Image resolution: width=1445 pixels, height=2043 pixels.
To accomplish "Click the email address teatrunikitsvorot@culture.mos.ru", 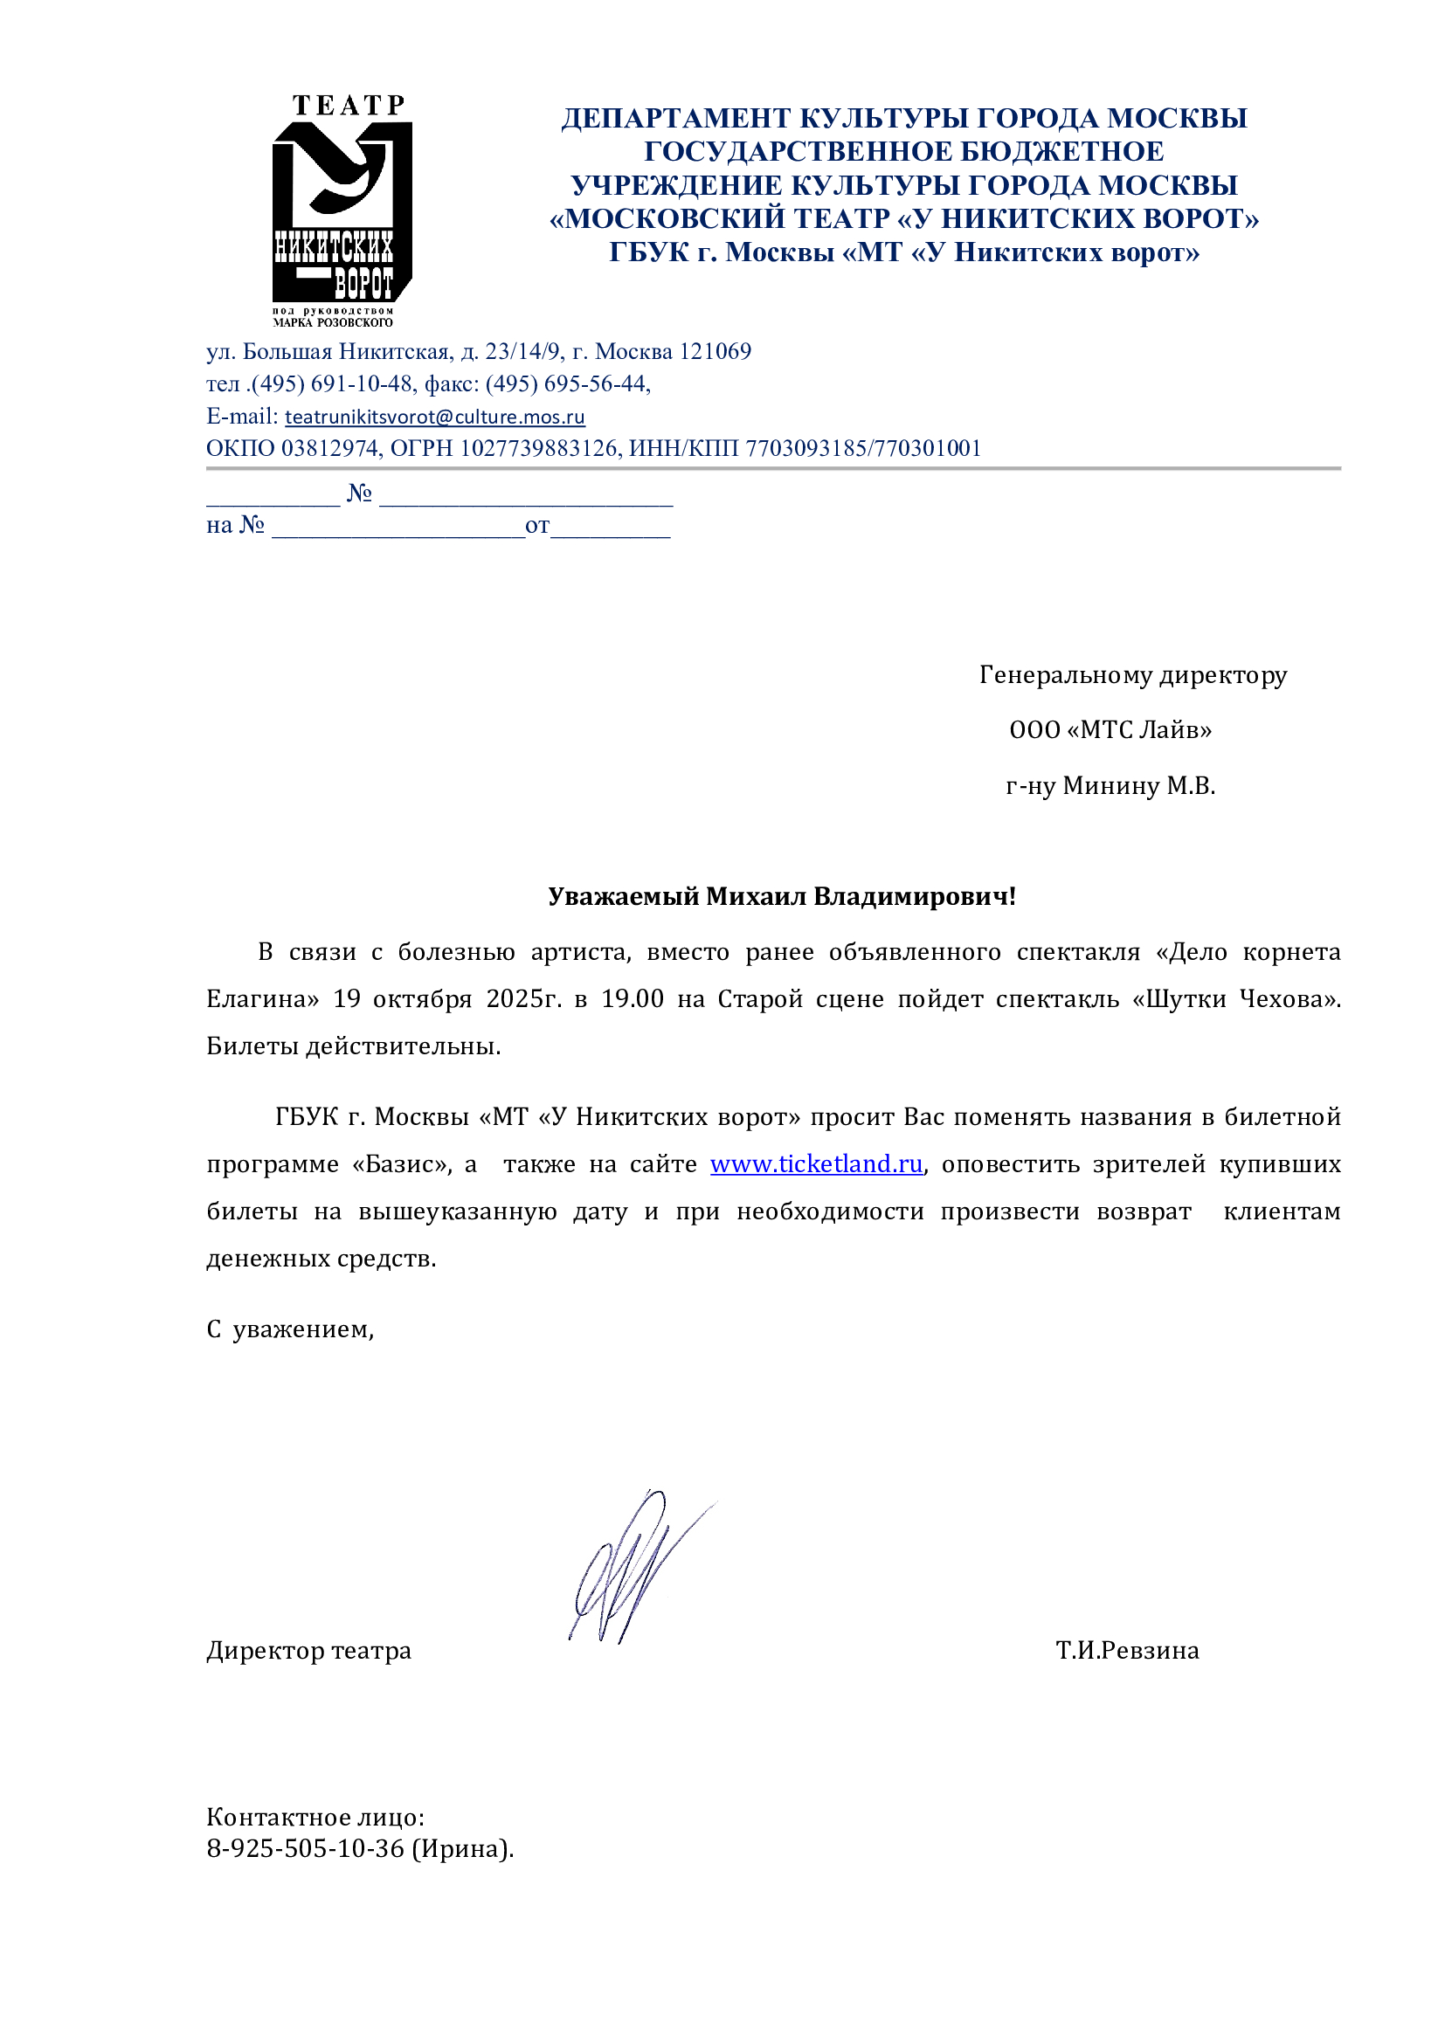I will click(434, 417).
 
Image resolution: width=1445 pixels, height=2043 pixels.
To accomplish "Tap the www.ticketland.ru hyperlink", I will click(816, 1163).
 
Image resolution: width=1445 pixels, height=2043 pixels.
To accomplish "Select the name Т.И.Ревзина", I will click(1127, 1651).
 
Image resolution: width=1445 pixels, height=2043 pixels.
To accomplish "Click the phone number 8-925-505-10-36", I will click(305, 1849).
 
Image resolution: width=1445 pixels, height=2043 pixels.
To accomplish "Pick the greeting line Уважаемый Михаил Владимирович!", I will click(781, 896).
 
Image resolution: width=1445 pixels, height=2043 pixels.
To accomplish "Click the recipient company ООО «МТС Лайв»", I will click(1110, 730).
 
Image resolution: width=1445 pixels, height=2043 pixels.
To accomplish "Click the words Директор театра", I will click(308, 1651).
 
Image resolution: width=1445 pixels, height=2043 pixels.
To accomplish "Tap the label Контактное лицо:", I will click(315, 1817).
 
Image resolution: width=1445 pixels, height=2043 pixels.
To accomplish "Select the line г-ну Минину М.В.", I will click(1110, 786).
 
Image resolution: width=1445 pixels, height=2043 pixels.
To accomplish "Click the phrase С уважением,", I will click(290, 1329).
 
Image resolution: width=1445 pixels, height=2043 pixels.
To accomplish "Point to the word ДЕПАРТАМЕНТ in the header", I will click(676, 118).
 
